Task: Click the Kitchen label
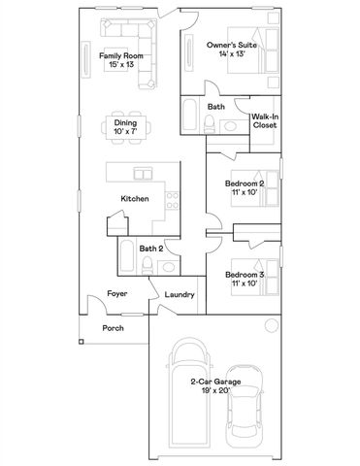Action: pos(134,198)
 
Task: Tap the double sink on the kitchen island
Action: pos(144,175)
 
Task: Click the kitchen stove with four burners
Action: pos(171,203)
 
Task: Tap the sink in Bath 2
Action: pos(167,263)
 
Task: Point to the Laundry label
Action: pos(179,295)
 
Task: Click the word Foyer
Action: pos(117,293)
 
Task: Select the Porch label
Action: pos(114,328)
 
